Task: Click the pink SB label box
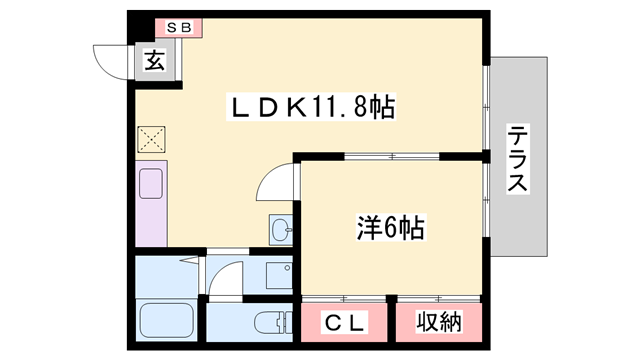177,28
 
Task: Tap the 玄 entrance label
155,62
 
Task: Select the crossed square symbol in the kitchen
150,138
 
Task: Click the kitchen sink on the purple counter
151,184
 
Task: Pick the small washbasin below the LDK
280,229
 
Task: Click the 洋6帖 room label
391,228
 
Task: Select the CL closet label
346,322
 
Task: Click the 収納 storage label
438,322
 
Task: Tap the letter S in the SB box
171,28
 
